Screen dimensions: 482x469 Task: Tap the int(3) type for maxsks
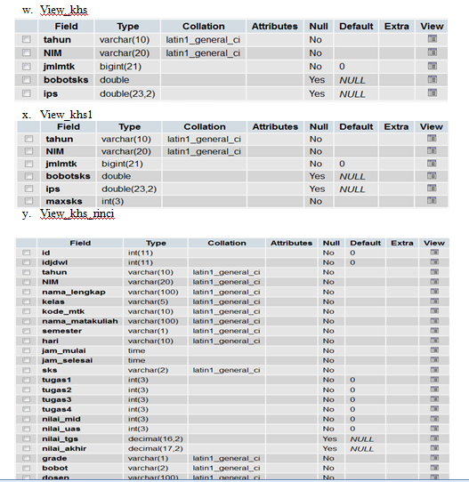pyautogui.click(x=113, y=202)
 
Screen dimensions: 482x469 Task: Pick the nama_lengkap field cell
pyautogui.click(x=74, y=292)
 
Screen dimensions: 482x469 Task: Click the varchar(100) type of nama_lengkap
pyautogui.click(x=149, y=292)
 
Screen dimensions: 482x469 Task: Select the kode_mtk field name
pyautogui.click(x=62, y=311)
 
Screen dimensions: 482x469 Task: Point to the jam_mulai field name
pyautogui.click(x=63, y=350)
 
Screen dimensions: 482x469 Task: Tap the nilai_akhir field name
pyautogui.click(x=65, y=448)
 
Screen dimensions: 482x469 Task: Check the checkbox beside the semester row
pyautogui.click(x=26, y=331)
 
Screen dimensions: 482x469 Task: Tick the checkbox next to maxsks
pyautogui.click(x=27, y=202)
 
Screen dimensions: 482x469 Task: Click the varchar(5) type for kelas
pyautogui.click(x=145, y=301)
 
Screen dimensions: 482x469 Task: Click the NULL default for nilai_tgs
pyautogui.click(x=362, y=438)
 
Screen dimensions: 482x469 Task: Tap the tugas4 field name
pyautogui.click(x=57, y=409)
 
